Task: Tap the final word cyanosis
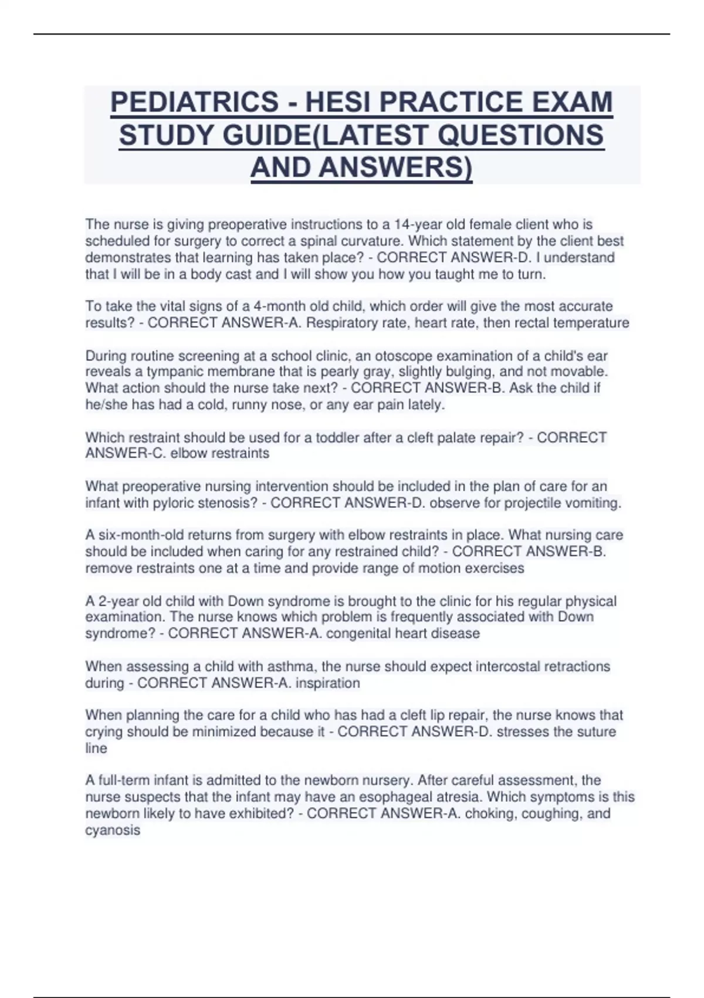click(x=113, y=830)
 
